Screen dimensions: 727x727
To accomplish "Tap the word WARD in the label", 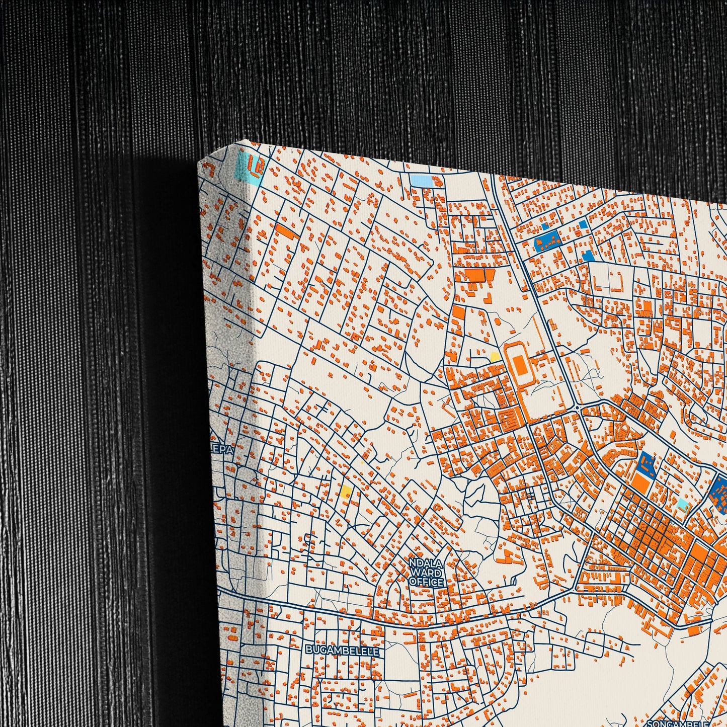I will click(x=426, y=573).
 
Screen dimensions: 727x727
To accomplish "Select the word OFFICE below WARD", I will click(x=426, y=582).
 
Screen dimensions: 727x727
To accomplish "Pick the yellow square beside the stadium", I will click(x=495, y=357).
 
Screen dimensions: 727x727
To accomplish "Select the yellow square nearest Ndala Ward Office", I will click(x=346, y=491).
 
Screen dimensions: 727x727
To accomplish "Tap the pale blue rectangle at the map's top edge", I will click(x=421, y=180).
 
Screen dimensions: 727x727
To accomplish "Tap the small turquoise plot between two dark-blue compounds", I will click(x=682, y=503).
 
